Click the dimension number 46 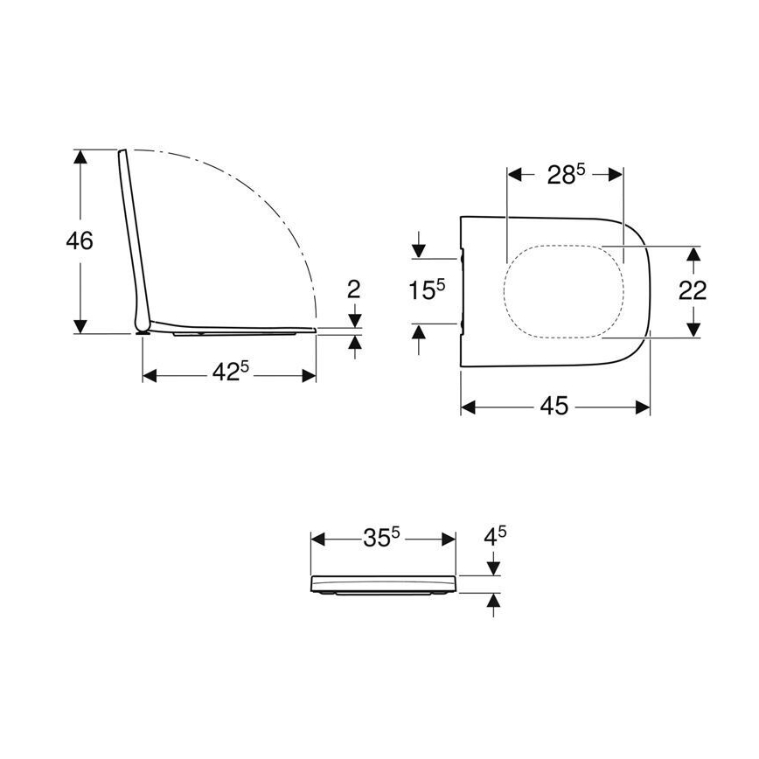click(x=80, y=240)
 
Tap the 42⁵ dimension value click(x=230, y=373)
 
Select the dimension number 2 click(x=354, y=289)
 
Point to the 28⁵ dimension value click(x=565, y=174)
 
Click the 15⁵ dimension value click(x=428, y=289)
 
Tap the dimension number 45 click(x=554, y=407)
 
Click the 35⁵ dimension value click(x=381, y=539)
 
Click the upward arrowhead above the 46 click(x=80, y=157)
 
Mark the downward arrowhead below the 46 click(x=80, y=326)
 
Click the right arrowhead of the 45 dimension click(x=644, y=407)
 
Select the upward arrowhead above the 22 click(x=693, y=254)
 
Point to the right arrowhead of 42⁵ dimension click(x=309, y=375)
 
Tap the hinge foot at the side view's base click(x=142, y=330)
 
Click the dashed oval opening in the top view click(x=564, y=289)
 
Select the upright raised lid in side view click(x=132, y=236)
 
